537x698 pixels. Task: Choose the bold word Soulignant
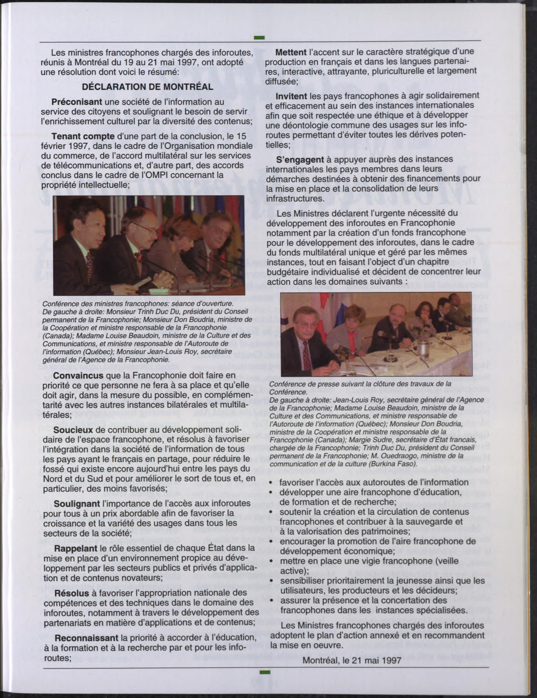pyautogui.click(x=77, y=504)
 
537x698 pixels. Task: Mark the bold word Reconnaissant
pyautogui.click(x=86, y=638)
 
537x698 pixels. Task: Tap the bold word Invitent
pyautogui.click(x=291, y=96)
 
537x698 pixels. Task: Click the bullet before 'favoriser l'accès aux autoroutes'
pyautogui.click(x=271, y=483)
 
